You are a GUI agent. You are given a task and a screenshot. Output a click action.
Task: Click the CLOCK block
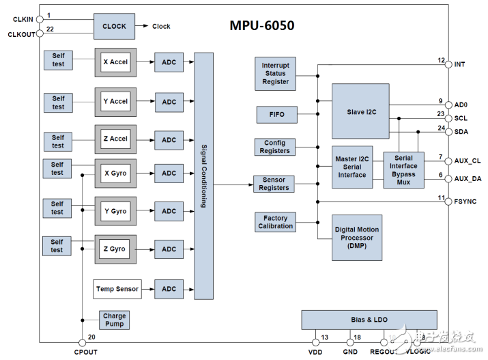pyautogui.click(x=114, y=26)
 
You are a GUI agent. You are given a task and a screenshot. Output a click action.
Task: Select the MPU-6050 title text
pyautogui.click(x=261, y=26)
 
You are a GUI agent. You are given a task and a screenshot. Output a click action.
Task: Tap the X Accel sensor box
pyautogui.click(x=115, y=62)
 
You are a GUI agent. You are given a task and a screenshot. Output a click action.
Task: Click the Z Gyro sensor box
pyautogui.click(x=115, y=249)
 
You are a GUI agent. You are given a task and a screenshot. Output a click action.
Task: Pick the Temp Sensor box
pyautogui.click(x=117, y=289)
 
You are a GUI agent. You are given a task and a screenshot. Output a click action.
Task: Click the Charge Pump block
pyautogui.click(x=114, y=320)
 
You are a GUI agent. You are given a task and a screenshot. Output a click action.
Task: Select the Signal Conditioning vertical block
pyautogui.click(x=203, y=175)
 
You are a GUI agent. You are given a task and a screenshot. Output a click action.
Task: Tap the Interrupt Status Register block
pyautogui.click(x=275, y=74)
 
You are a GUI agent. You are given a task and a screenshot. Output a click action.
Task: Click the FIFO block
pyautogui.click(x=275, y=115)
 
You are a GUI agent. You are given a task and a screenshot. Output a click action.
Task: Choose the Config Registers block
pyautogui.click(x=275, y=147)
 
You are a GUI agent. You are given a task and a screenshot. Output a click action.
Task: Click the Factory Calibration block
pyautogui.click(x=275, y=222)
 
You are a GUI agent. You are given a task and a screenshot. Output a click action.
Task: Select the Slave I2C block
pyautogui.click(x=360, y=111)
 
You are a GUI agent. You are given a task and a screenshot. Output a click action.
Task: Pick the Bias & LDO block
pyautogui.click(x=369, y=320)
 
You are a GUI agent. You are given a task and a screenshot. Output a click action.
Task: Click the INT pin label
pyautogui.click(x=459, y=64)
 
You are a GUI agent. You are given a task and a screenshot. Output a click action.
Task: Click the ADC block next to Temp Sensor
pyautogui.click(x=169, y=289)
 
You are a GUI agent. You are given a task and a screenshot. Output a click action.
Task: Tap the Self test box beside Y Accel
pyautogui.click(x=58, y=102)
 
